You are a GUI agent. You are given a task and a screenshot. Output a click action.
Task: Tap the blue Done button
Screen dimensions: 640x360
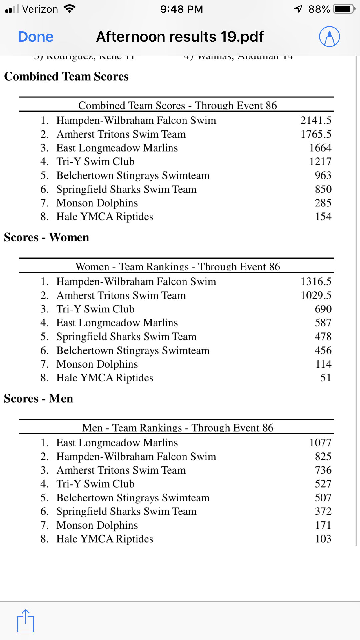coord(36,37)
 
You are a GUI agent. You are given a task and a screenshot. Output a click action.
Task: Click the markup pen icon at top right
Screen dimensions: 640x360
coord(329,37)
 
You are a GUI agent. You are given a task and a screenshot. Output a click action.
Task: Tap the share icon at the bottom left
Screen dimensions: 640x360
coord(26,621)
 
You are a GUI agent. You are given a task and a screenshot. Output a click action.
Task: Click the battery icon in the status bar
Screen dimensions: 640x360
coord(344,9)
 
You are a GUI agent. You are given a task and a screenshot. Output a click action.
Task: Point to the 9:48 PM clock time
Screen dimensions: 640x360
coord(181,9)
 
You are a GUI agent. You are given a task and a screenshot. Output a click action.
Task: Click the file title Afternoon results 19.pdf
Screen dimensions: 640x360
coord(180,37)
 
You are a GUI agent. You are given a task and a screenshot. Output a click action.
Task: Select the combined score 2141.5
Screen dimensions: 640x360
coord(316,120)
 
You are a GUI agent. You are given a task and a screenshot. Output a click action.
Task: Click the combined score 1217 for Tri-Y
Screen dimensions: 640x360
coord(320,162)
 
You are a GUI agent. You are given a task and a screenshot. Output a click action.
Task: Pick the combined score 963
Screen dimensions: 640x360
coord(323,175)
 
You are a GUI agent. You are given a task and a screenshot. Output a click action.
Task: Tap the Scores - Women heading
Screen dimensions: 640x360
coord(46,237)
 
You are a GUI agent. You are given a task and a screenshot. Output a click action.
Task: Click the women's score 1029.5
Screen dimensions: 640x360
coord(316,295)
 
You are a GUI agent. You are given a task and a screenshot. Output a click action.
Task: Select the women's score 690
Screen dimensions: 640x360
coord(323,309)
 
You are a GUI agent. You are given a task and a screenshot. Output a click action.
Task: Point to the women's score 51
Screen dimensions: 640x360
coord(325,378)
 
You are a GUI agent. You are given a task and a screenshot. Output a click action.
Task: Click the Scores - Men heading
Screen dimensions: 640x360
coord(38,399)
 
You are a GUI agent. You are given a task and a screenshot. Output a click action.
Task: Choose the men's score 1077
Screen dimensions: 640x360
coord(320,443)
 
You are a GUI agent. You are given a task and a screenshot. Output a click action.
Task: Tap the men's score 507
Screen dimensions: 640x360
coord(323,498)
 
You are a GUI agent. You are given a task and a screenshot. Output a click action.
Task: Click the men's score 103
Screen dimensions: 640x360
coord(323,539)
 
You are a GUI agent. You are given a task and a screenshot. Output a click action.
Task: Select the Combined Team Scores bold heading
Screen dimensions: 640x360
coord(66,76)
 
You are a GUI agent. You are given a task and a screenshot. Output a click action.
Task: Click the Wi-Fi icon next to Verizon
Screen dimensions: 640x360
coord(69,9)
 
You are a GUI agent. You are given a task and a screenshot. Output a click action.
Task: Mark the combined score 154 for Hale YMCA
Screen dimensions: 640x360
coord(323,217)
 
